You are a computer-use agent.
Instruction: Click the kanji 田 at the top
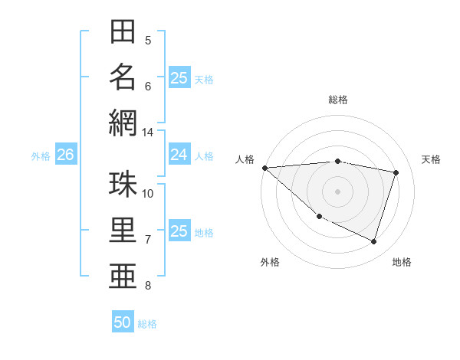pyautogui.click(x=123, y=33)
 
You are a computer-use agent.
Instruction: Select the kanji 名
pyautogui.click(x=123, y=77)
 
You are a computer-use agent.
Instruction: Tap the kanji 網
pyautogui.click(x=123, y=123)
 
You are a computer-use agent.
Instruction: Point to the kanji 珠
pyautogui.click(x=123, y=185)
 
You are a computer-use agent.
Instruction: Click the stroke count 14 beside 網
pyautogui.click(x=148, y=133)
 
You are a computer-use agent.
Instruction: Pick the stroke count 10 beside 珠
pyautogui.click(x=148, y=193)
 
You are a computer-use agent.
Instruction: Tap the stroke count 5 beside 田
pyautogui.click(x=148, y=41)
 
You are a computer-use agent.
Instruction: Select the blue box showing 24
pyautogui.click(x=179, y=155)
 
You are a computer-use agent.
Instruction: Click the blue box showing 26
pyautogui.click(x=65, y=155)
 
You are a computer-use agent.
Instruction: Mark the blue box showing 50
pyautogui.click(x=123, y=322)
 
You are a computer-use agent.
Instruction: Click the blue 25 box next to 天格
pyautogui.click(x=179, y=77)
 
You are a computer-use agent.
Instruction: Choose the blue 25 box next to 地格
pyautogui.click(x=179, y=231)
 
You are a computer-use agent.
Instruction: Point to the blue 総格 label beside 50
pyautogui.click(x=147, y=324)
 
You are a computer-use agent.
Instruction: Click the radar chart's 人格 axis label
pyautogui.click(x=245, y=159)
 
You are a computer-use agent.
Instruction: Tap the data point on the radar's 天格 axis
pyautogui.click(x=396, y=172)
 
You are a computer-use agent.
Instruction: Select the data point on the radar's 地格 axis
pyautogui.click(x=374, y=242)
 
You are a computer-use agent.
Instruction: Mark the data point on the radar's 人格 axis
pyautogui.click(x=264, y=168)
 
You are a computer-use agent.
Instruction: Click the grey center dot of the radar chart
pyautogui.click(x=337, y=191)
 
